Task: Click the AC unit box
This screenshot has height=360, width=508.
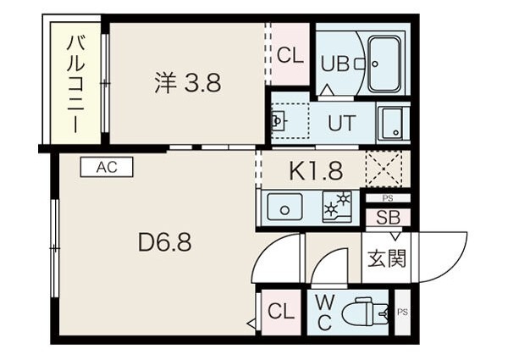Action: (107, 167)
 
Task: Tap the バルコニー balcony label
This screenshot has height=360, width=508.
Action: (76, 84)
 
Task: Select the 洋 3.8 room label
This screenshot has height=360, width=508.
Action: (188, 82)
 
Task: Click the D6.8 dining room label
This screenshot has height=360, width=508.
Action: (164, 242)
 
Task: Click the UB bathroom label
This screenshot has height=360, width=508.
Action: (334, 64)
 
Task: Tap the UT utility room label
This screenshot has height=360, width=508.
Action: (341, 123)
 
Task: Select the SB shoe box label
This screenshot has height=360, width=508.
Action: (388, 218)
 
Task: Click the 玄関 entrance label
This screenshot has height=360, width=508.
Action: (387, 258)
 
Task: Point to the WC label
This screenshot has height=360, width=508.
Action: (325, 313)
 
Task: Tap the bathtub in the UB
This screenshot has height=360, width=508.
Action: (384, 64)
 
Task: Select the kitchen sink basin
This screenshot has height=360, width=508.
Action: (284, 207)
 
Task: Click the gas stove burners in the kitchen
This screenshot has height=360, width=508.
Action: (337, 207)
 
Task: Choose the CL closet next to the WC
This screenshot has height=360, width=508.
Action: (281, 312)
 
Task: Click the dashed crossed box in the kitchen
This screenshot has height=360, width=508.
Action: (384, 169)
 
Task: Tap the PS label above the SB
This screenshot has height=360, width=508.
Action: (388, 198)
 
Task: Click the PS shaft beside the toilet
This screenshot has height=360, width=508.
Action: (402, 312)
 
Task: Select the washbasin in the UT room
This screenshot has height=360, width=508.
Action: (279, 121)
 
